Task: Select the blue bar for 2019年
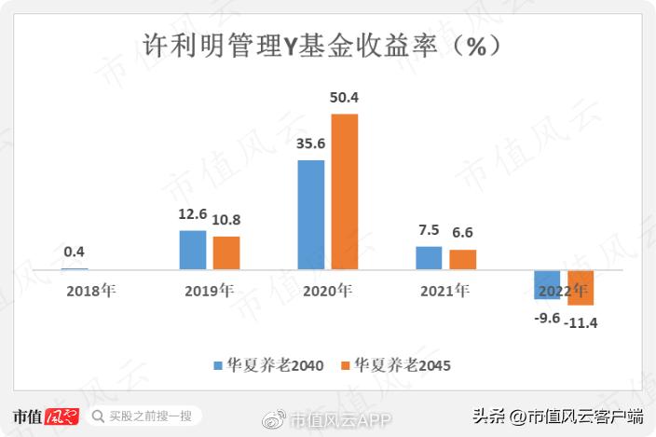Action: tap(193, 250)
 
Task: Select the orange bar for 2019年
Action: tap(226, 253)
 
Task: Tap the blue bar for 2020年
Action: tap(311, 214)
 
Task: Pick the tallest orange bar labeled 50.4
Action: tap(345, 192)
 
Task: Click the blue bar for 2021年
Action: tap(429, 258)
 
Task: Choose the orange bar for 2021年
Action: tap(462, 259)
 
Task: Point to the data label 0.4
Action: tap(75, 252)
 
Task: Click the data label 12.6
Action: tap(193, 215)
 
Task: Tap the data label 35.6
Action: tap(310, 144)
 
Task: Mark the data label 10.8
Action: tap(226, 221)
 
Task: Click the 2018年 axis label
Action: tap(90, 291)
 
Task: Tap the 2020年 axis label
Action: tap(327, 291)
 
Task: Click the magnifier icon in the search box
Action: tap(98, 417)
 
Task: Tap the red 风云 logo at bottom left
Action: tap(62, 417)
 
